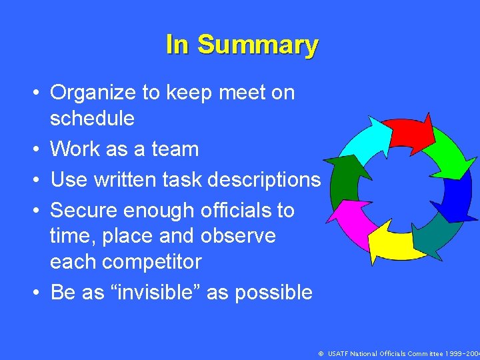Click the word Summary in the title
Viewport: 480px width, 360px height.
(258, 45)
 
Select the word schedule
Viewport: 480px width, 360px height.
(92, 119)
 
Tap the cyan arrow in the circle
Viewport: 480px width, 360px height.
(364, 141)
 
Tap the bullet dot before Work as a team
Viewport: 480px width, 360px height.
(41, 150)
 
